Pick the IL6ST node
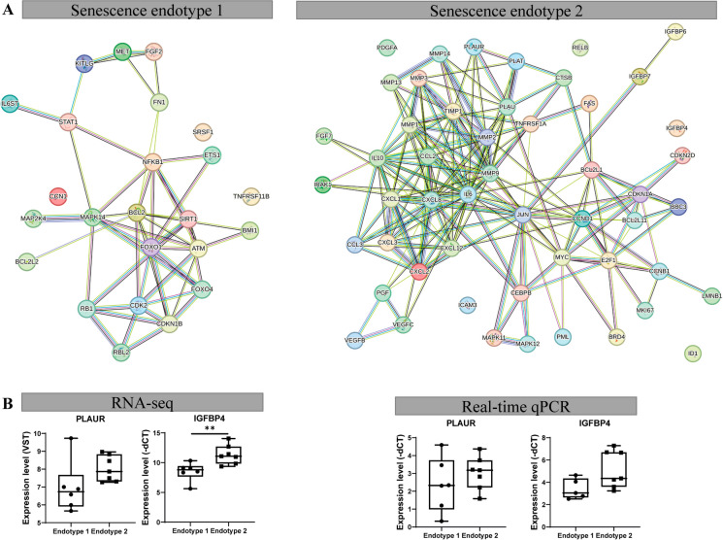pyautogui.click(x=11, y=102)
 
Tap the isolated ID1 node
pyautogui.click(x=692, y=353)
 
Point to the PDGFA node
pyautogui.click(x=387, y=47)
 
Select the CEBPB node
pyautogui.click(x=521, y=291)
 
